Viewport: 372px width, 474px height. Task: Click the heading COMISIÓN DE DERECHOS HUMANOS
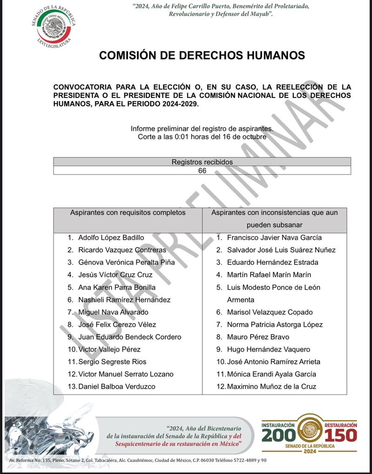click(x=202, y=56)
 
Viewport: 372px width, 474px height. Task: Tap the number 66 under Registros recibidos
click(x=202, y=171)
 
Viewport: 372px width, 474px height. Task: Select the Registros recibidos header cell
click(x=202, y=162)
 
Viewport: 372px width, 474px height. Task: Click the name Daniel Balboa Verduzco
click(x=117, y=387)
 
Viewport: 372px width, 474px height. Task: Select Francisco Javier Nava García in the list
click(x=274, y=237)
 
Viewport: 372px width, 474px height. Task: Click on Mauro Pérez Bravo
click(x=258, y=337)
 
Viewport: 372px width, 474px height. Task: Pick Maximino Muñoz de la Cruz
click(x=272, y=387)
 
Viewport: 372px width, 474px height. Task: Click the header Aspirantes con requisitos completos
click(x=128, y=213)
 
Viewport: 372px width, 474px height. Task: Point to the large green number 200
click(x=279, y=435)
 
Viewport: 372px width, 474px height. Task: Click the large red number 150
click(x=341, y=435)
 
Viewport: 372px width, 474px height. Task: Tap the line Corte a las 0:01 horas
click(x=202, y=137)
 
